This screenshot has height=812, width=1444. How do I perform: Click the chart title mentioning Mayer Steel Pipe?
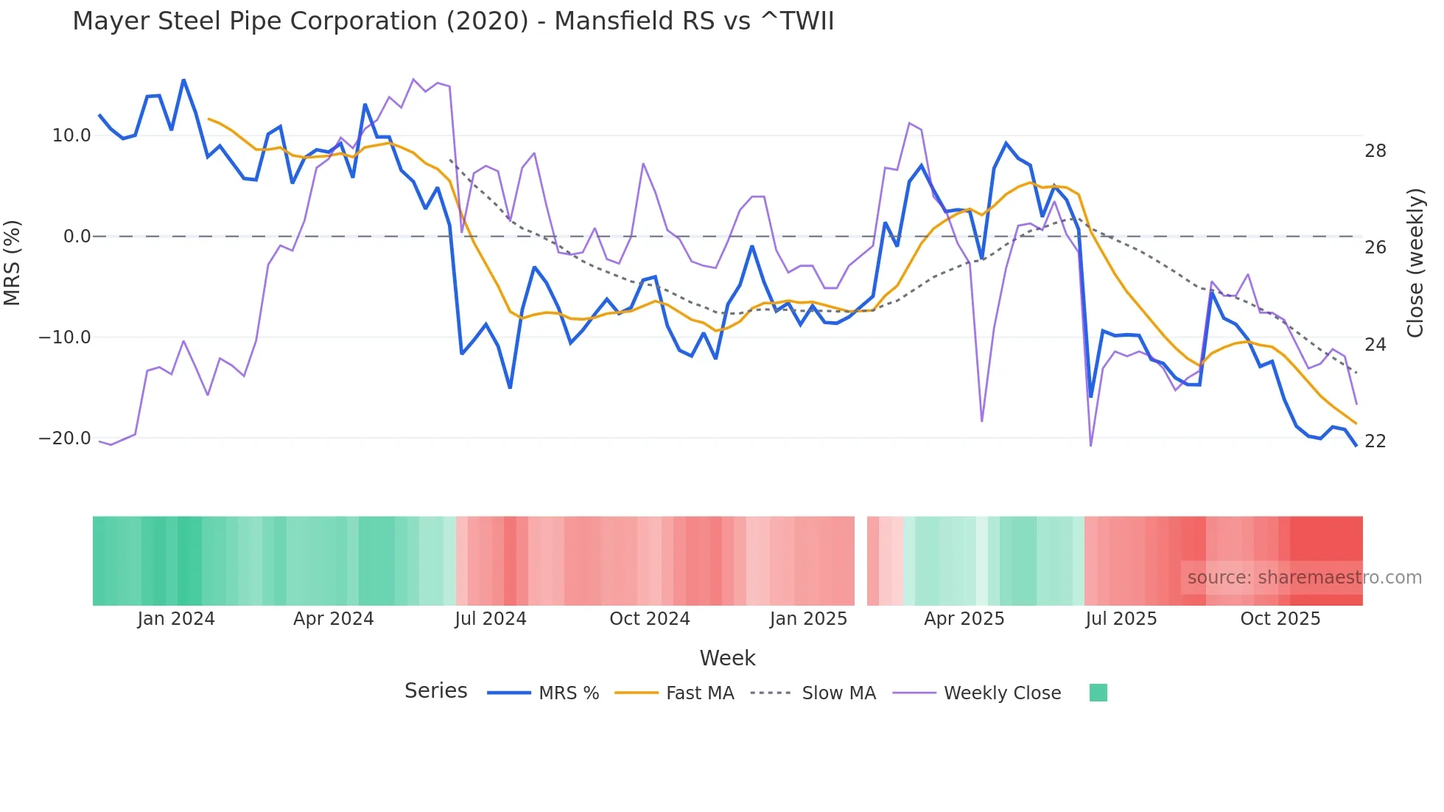pos(453,21)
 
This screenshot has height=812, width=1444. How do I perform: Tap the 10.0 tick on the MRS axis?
pos(71,136)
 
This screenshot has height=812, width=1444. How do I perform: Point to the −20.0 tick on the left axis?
pos(65,438)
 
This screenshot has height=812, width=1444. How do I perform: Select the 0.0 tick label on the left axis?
pos(77,237)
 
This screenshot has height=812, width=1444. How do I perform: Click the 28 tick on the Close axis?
pos(1375,151)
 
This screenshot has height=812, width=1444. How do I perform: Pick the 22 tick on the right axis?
pos(1375,441)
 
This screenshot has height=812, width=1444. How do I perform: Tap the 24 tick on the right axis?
pos(1375,345)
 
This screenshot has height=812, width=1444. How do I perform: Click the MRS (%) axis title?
pos(13,262)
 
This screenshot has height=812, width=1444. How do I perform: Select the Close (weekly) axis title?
pos(1415,263)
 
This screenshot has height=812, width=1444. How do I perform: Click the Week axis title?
pos(727,658)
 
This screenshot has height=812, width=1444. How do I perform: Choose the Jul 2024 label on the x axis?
pos(490,619)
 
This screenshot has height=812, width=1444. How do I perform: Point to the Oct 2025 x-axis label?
pos(1280,619)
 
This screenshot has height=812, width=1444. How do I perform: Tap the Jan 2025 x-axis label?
pos(808,619)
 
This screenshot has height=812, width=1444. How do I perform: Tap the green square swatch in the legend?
pos(1098,693)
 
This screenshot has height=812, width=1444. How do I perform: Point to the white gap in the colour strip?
pos(861,561)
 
